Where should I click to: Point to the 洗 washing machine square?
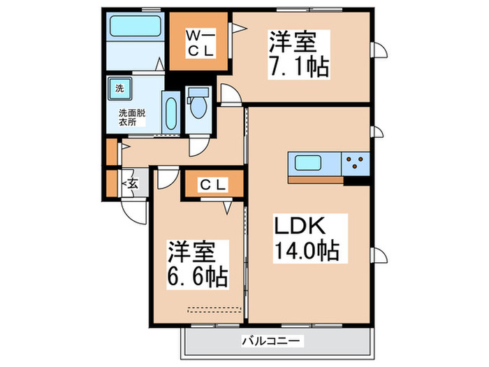[119, 89]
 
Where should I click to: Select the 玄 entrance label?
[131, 183]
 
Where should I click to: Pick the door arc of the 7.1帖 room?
[228, 93]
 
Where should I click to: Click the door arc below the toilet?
[198, 145]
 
